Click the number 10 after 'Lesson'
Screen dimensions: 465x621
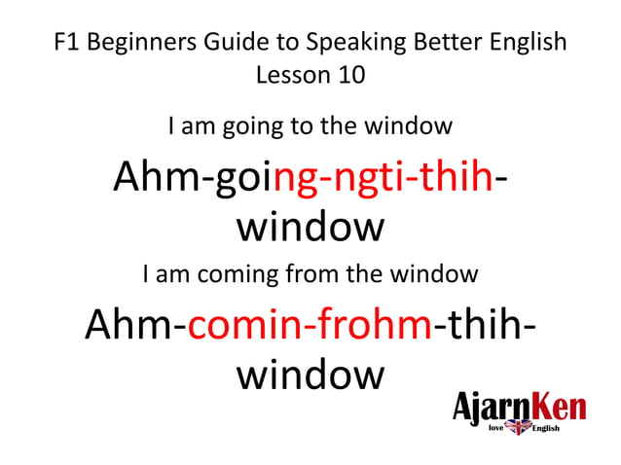point(347,75)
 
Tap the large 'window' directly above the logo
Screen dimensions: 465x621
point(310,374)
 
